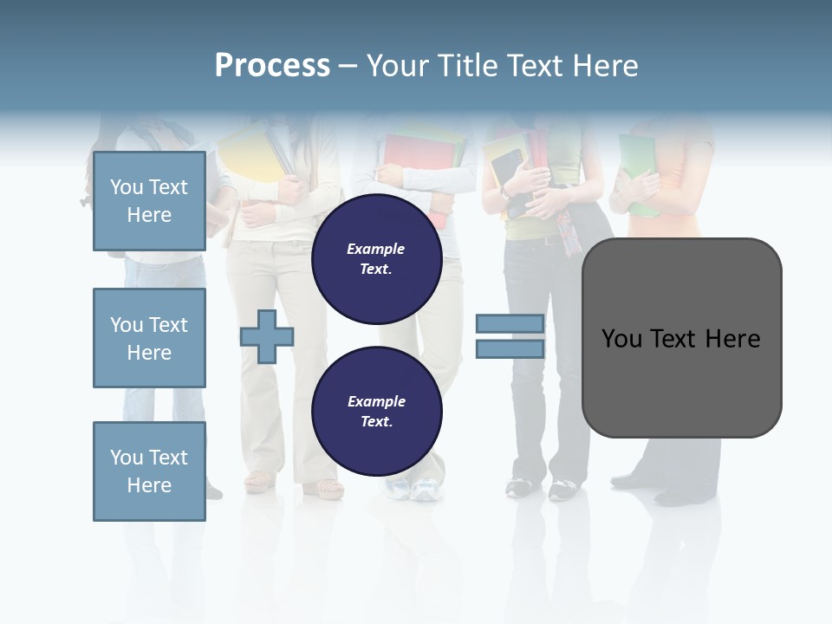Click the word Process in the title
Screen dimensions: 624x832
pos(272,66)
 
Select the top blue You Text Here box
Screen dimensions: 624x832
pos(149,201)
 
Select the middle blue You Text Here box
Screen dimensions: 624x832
pos(149,338)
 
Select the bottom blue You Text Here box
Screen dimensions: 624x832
pos(149,471)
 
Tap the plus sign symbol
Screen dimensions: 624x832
pos(267,337)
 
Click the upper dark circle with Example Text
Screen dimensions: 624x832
pos(376,258)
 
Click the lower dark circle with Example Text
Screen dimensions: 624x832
pos(376,411)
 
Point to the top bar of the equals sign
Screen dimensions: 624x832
pos(510,324)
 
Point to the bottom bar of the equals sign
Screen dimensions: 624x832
pos(510,349)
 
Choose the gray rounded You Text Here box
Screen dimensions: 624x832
pos(681,338)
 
